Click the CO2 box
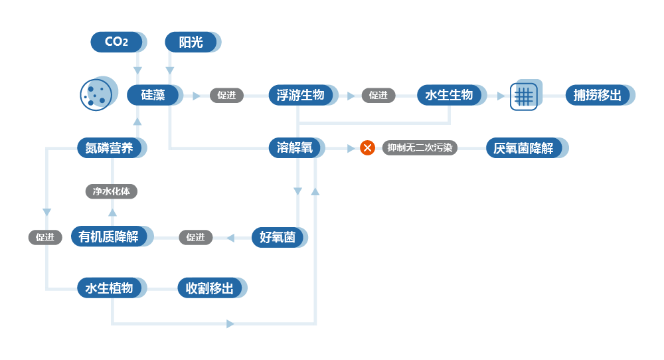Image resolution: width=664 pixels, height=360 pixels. [x=116, y=42]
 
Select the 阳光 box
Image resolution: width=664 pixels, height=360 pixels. [x=191, y=42]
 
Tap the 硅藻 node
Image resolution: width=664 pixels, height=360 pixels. [x=153, y=95]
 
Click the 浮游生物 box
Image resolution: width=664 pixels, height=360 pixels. [x=301, y=95]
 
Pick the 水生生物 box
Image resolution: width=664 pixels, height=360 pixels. [x=449, y=95]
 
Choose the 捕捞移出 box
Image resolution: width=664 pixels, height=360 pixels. [x=598, y=95]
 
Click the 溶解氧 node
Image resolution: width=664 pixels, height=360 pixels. [x=295, y=147]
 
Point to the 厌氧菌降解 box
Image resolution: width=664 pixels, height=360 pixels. [x=524, y=147]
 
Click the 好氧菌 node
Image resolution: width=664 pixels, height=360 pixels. [x=278, y=236]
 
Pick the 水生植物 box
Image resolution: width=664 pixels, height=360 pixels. [x=110, y=288]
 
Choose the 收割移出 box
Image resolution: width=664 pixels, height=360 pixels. [x=210, y=288]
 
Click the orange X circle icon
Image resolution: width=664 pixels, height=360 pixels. [x=367, y=147]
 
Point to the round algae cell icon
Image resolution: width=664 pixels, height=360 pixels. [x=94, y=92]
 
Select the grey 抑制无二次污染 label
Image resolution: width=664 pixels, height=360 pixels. [x=420, y=147]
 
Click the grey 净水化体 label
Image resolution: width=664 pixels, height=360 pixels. [x=112, y=191]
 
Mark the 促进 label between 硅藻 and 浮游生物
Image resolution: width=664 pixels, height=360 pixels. [x=226, y=95]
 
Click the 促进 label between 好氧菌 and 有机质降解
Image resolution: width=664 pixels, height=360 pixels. [x=196, y=237]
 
